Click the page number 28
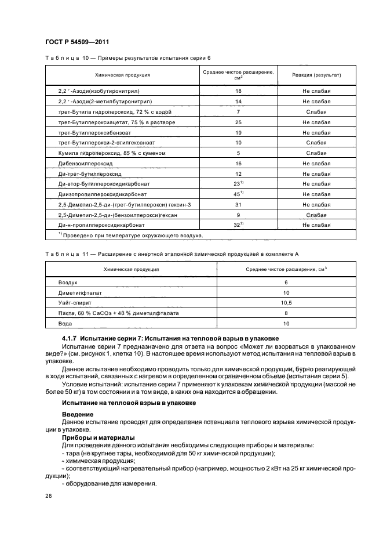coord(48,496)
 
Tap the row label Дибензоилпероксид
coord(82,164)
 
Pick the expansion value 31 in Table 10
coord(238,204)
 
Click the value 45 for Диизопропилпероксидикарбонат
coord(238,194)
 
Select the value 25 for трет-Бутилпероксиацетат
coord(238,122)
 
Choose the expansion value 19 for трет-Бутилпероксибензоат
coord(238,133)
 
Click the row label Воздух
coord(68,282)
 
